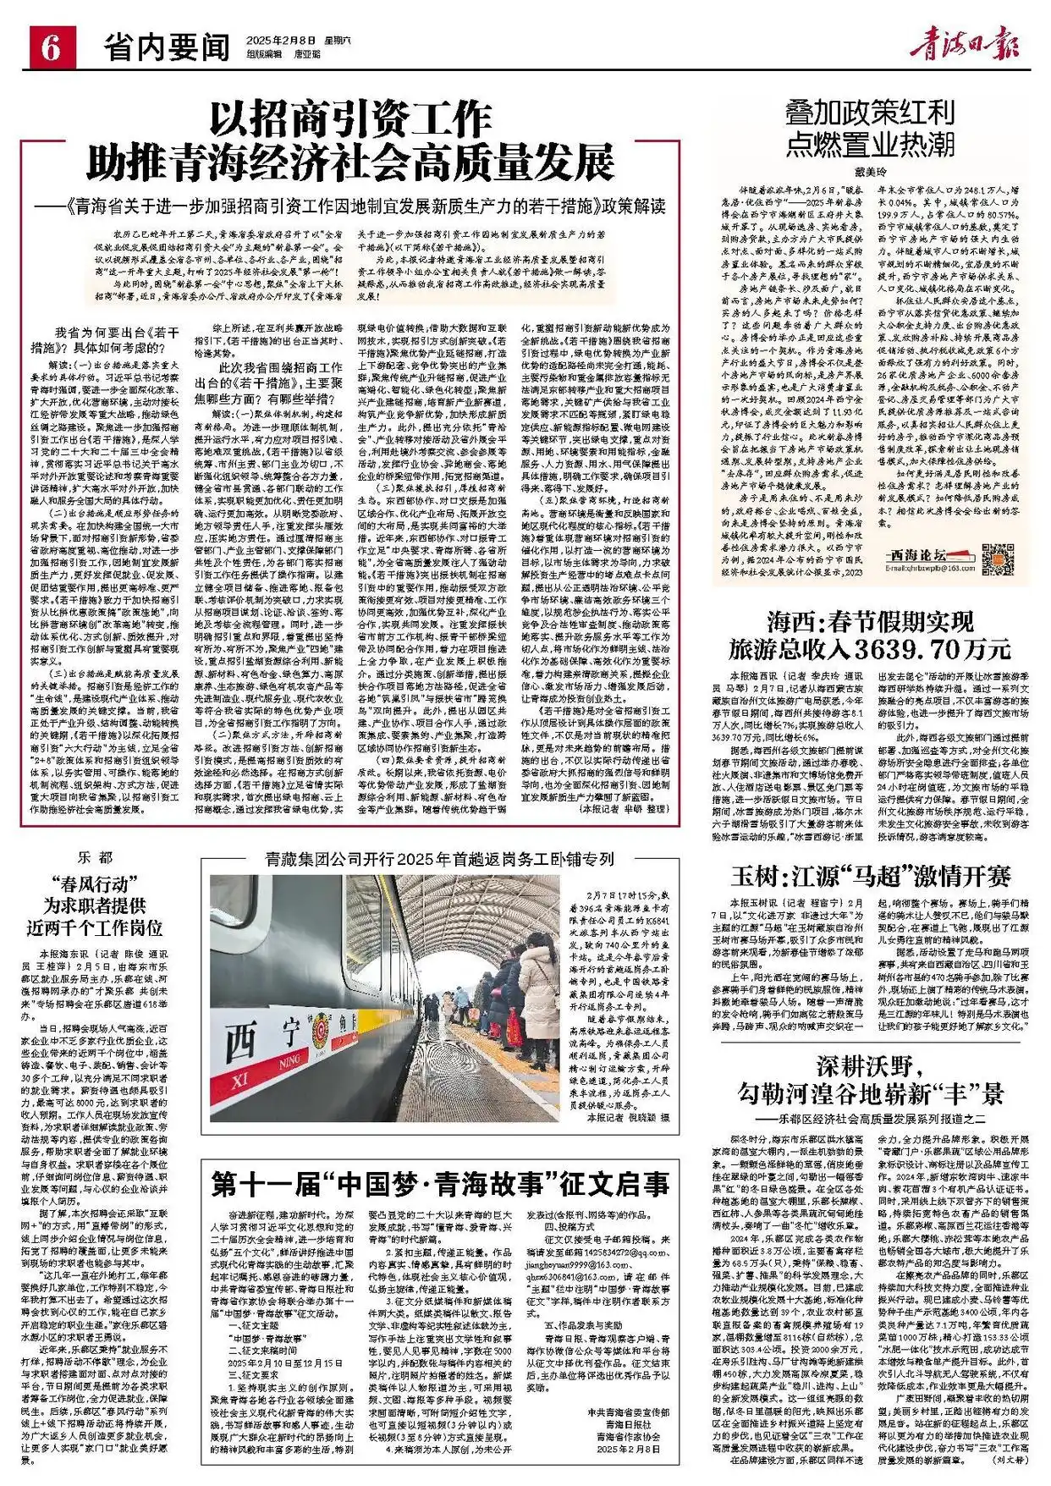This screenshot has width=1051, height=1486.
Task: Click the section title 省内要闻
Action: point(168,47)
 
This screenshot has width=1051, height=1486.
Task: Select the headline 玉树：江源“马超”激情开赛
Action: point(871,875)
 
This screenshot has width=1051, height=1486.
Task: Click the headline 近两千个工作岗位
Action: point(95,927)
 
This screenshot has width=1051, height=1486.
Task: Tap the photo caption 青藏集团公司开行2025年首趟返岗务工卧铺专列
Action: point(439,859)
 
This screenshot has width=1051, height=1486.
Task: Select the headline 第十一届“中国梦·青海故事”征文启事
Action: point(439,1183)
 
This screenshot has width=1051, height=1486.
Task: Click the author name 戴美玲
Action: point(869,172)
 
